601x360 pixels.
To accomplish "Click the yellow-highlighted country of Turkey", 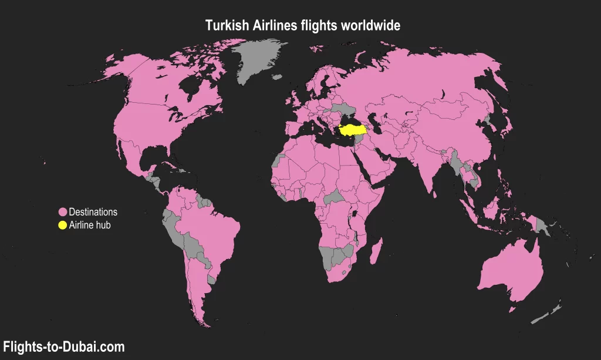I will [x=352, y=129].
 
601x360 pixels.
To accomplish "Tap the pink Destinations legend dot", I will [x=62, y=212].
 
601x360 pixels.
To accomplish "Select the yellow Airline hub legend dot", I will [x=62, y=226].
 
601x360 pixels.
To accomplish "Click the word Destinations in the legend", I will [x=93, y=212].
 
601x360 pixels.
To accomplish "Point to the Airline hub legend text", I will [x=90, y=226].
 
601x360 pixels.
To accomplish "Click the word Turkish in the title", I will [x=225, y=25].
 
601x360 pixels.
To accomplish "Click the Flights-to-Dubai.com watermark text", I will [x=64, y=347].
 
